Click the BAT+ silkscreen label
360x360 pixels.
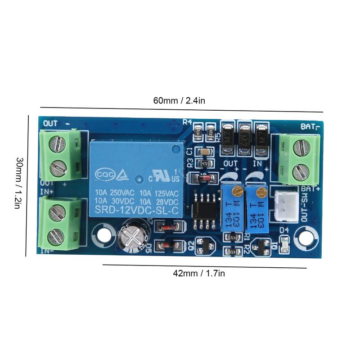point(310,189)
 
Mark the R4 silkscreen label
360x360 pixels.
point(188,121)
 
